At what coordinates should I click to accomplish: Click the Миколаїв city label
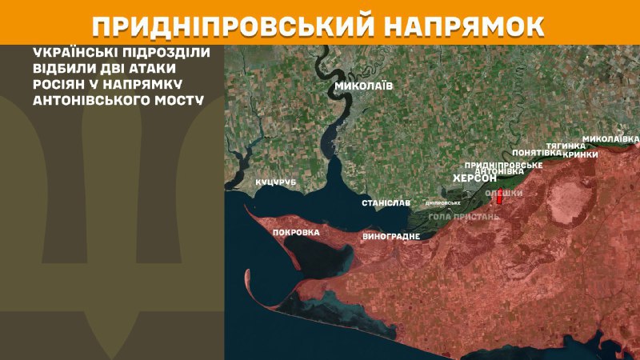(x=364, y=86)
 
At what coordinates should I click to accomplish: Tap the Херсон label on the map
(x=474, y=178)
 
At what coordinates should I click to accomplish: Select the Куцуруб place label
(x=276, y=183)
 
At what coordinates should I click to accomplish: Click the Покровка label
(x=296, y=233)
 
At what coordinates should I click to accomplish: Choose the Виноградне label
(x=393, y=238)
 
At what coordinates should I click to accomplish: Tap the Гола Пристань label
(x=464, y=217)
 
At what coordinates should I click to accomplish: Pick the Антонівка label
(x=498, y=171)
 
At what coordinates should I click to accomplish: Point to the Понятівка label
(x=534, y=152)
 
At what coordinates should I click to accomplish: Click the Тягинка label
(x=566, y=145)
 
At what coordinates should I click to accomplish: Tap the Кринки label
(x=581, y=154)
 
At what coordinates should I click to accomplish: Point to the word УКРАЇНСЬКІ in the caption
(x=69, y=53)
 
